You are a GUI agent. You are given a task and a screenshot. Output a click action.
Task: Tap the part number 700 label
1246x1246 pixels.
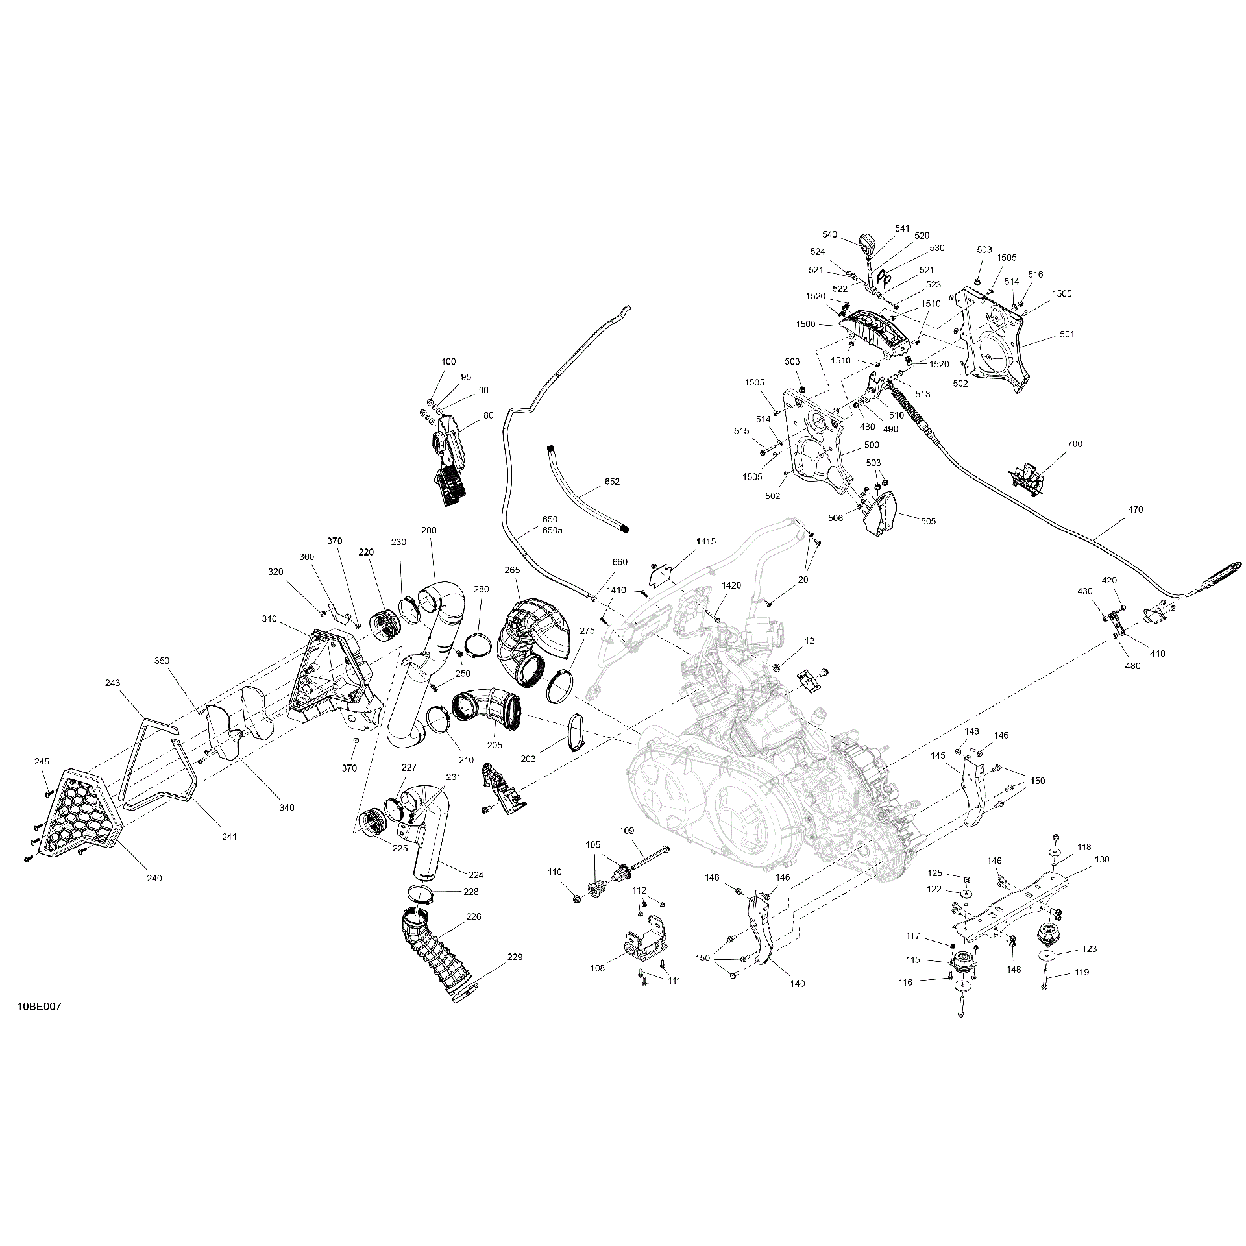1075,444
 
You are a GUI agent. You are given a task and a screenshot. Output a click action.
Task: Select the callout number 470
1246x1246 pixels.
1135,509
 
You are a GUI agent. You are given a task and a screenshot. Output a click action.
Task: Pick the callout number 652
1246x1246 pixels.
612,482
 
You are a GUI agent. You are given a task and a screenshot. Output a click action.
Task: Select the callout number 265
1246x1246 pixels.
512,570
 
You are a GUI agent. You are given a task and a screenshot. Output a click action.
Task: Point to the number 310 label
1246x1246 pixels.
269,619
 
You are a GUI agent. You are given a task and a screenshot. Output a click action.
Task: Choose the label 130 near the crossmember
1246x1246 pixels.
1102,859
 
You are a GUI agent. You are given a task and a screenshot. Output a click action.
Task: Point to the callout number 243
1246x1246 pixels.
113,683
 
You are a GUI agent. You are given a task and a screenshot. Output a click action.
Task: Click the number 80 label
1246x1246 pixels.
488,415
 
